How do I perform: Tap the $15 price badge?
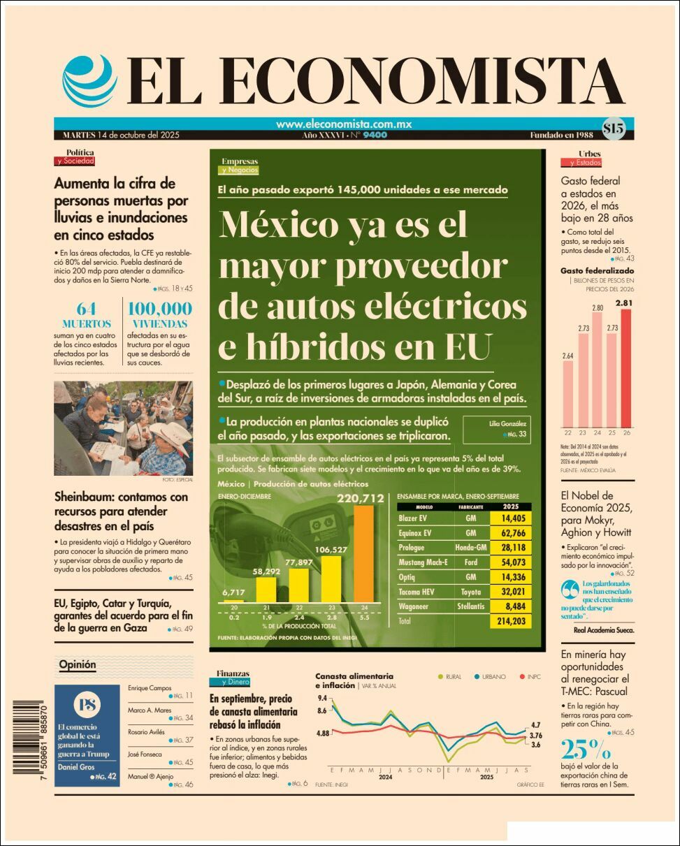613,128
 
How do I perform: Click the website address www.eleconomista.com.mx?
343,124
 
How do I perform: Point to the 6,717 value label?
233,593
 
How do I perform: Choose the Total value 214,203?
511,620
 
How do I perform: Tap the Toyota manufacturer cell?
470,591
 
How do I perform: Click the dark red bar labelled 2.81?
625,368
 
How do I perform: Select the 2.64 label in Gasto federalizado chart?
567,356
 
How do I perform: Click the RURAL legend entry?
451,676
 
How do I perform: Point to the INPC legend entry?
531,676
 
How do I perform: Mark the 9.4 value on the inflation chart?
322,698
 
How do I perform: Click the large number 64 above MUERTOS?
86,309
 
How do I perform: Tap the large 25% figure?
585,750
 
